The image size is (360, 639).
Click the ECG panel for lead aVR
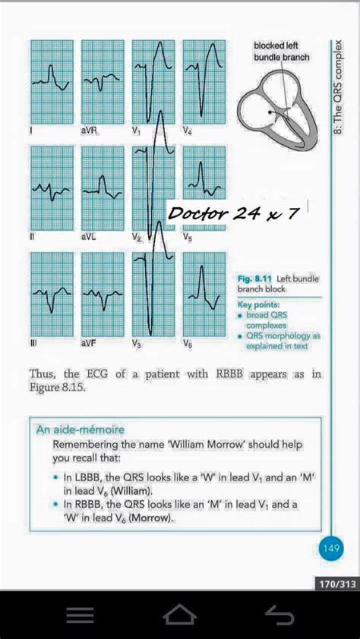tap(103, 83)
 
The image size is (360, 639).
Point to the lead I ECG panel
tap(52, 83)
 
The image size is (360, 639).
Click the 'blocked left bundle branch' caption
tap(281, 52)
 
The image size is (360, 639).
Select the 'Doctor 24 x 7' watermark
tap(232, 214)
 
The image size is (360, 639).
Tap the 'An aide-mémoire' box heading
tap(81, 430)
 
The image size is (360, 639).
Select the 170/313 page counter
tap(333, 584)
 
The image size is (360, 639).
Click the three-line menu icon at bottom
tap(80, 614)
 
